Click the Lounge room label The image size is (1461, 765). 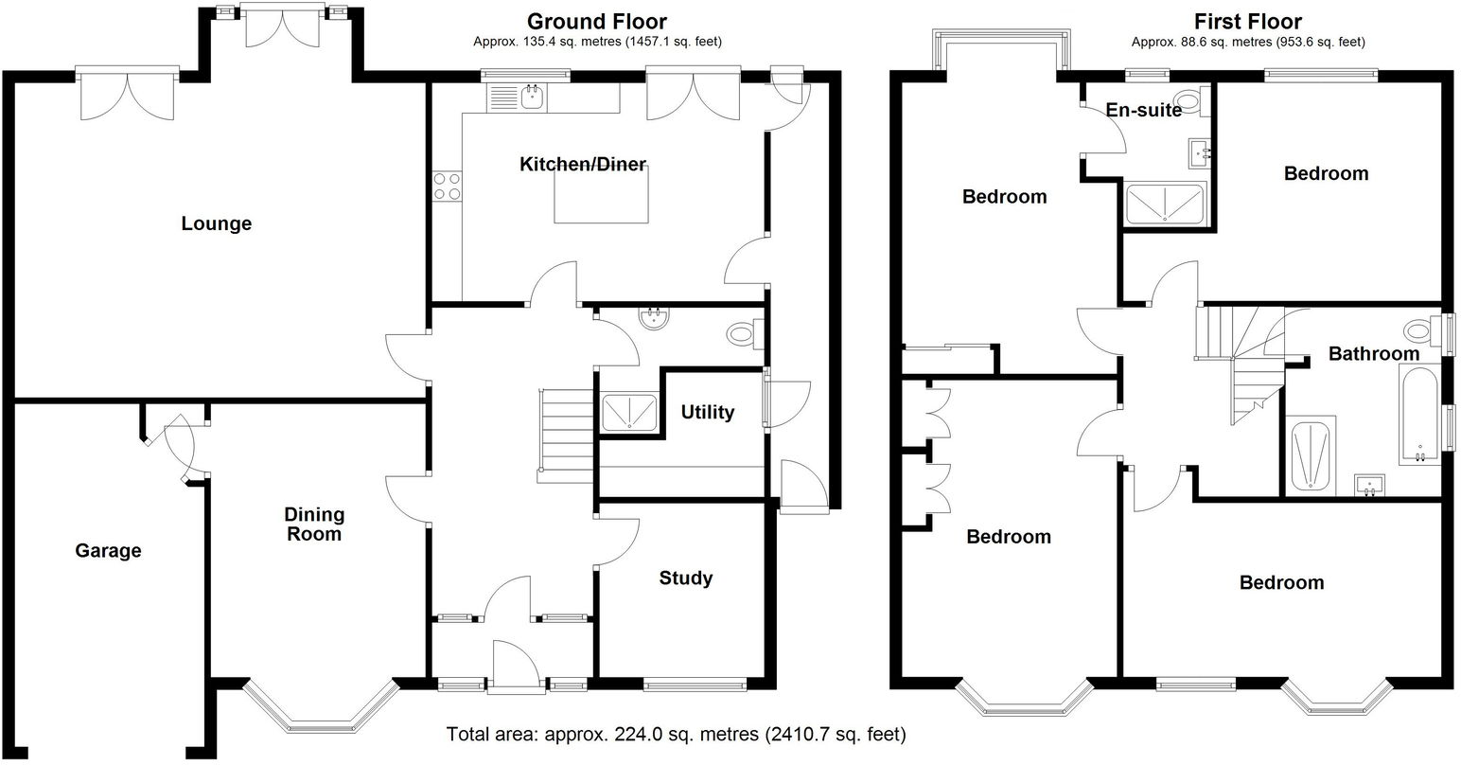217,224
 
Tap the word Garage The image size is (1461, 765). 108,550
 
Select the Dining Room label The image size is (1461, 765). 314,525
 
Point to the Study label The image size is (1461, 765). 686,578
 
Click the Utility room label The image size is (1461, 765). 708,412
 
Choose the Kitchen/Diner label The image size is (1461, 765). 583,165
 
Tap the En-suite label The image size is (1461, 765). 1144,110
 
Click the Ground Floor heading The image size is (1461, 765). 596,21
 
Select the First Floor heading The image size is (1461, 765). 1247,21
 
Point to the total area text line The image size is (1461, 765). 676,733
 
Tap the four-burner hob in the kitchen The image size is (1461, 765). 447,187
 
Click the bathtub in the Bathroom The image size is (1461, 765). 1417,417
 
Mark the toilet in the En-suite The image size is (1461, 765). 1187,101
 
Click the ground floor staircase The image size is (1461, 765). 568,426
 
